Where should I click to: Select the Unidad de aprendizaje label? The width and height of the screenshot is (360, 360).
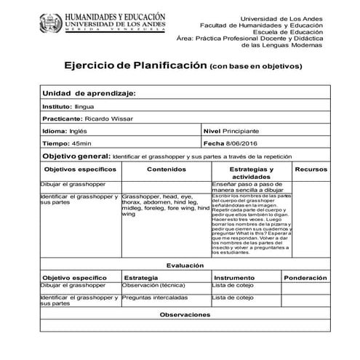coord(89,94)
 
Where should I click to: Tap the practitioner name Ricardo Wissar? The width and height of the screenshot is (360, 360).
coord(108,119)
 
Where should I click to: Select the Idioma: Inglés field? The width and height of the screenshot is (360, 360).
coord(65,131)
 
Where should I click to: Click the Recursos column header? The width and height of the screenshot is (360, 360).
coord(311,169)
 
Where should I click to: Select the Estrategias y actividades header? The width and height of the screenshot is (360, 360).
coord(251,172)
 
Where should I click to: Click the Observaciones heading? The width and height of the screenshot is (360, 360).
coord(185,314)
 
